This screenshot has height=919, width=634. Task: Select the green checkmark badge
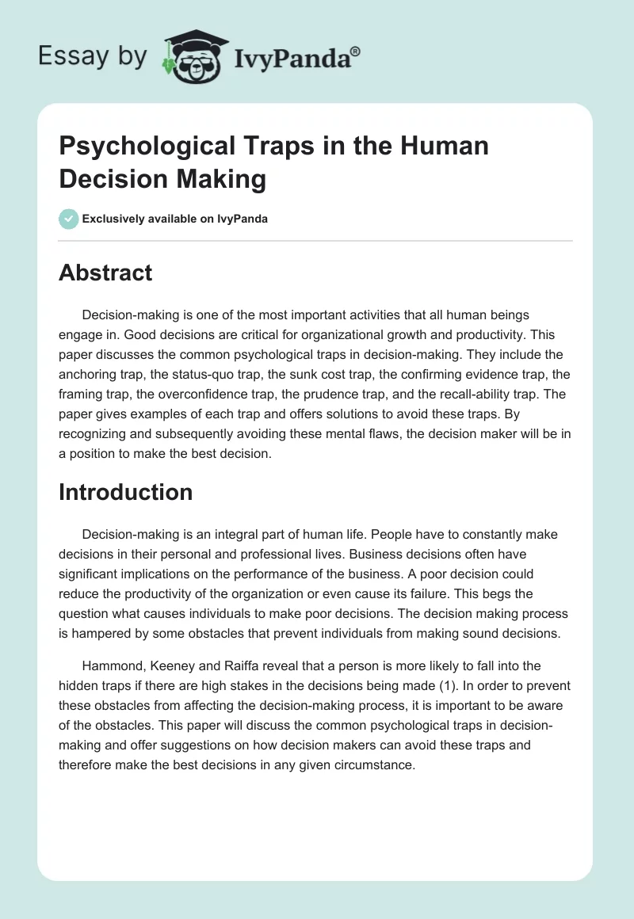tap(68, 219)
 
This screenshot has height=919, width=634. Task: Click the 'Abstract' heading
tap(105, 273)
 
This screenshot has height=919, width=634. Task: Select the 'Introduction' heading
tap(125, 492)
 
